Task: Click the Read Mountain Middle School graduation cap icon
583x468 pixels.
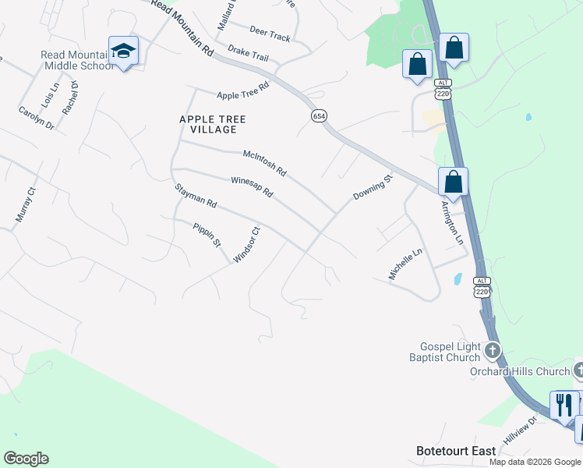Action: tap(123, 51)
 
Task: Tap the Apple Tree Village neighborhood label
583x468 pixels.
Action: tap(213, 124)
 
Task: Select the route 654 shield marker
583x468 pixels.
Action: tap(319, 115)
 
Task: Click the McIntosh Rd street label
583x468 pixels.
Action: tap(265, 161)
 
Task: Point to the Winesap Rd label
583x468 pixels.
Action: tap(252, 186)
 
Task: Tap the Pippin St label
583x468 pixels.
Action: tap(207, 234)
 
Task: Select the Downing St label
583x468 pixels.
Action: tap(373, 188)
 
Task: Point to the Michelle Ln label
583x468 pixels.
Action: tap(405, 264)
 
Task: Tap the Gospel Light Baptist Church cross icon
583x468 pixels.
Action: tap(492, 351)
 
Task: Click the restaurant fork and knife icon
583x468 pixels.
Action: tap(564, 404)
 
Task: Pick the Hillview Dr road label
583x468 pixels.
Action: tap(520, 430)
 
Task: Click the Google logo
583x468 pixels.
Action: tap(26, 459)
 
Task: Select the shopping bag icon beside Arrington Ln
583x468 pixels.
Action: tap(453, 183)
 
